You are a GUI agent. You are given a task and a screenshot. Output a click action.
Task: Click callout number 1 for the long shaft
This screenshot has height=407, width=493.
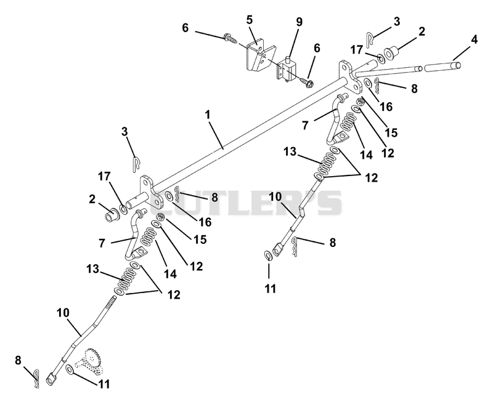pos(208,115)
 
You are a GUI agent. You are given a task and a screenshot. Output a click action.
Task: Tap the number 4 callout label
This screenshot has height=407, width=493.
pos(474,40)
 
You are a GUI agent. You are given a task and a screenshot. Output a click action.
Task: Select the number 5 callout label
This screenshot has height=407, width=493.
pos(250,20)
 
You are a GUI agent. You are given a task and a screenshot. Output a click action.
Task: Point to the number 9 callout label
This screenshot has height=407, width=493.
pos(299,22)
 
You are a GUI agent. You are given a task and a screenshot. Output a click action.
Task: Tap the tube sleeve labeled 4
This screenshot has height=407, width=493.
pos(442,66)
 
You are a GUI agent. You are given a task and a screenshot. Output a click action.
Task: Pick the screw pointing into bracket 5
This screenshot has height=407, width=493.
pos(230,39)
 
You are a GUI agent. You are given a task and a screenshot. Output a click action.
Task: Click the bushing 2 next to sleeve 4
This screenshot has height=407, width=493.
pos(391,52)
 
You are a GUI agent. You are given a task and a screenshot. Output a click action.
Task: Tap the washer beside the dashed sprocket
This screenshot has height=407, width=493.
pos(70,369)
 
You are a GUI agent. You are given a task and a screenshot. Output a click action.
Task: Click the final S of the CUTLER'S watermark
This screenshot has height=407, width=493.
pos(330,203)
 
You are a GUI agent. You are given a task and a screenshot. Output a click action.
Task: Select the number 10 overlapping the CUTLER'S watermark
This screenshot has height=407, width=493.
pos(275,198)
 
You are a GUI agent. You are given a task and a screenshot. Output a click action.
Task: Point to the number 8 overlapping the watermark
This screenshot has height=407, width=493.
pos(214,198)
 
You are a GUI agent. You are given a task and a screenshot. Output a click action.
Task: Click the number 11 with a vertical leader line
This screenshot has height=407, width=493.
pos(270,288)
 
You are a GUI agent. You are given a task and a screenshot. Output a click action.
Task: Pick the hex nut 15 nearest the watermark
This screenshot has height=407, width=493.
pos(161,217)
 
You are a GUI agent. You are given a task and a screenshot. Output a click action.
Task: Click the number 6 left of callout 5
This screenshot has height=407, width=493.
pos(185,28)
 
